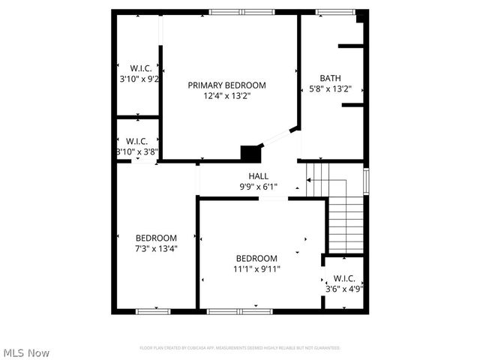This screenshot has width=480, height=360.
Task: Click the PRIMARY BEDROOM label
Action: pos(226,85)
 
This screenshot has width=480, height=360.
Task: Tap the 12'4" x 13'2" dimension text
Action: pos(226,96)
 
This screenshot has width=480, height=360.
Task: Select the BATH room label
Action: pos(330,78)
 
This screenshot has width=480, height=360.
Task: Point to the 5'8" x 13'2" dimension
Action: pos(331,88)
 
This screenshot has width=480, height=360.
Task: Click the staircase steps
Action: pos(345,225)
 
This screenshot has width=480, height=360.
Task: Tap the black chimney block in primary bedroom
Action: pos(249,152)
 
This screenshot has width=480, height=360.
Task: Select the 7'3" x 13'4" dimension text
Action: pos(156,248)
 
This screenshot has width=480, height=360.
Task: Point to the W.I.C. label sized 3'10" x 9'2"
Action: pos(140,68)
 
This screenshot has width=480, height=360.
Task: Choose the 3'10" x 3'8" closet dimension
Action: pos(136,151)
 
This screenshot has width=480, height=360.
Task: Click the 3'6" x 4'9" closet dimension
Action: pos(344,288)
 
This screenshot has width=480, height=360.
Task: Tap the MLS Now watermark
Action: pos(27,352)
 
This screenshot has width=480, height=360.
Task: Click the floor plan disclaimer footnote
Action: pos(240,348)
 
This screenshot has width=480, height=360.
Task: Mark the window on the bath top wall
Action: pos(329,12)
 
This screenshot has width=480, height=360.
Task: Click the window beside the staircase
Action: pos(366,181)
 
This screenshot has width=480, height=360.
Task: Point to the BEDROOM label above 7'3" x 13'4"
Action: pos(156,238)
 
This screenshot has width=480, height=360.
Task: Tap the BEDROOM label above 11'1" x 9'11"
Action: pos(256,258)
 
